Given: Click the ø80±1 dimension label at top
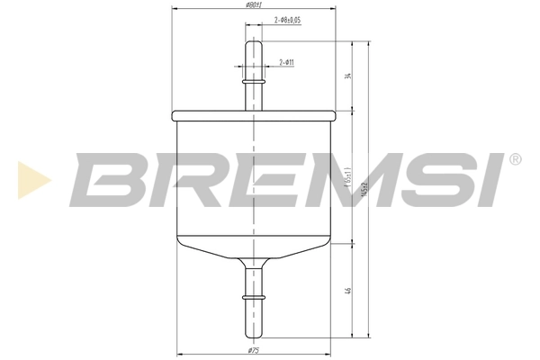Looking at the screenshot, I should coord(254,5).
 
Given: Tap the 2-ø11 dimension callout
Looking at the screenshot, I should coord(287,62).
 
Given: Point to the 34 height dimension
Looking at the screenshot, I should coord(347,76).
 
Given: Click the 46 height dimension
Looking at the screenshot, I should coord(347,291).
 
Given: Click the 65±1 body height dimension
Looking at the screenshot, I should coord(347,176).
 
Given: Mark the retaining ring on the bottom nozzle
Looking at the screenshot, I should coord(254,294).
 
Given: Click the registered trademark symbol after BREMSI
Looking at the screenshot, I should coord(515,160).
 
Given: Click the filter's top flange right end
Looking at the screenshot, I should coord(334,115).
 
